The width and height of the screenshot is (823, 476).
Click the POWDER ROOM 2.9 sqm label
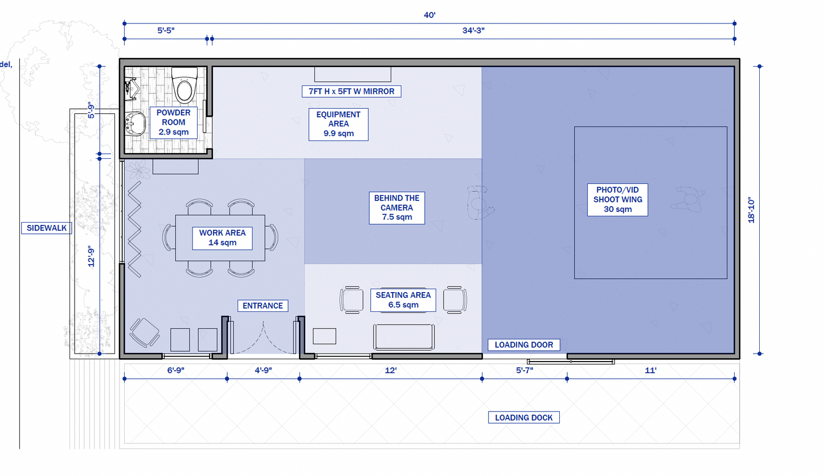(x=173, y=122)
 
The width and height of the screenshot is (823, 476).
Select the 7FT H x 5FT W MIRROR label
(x=351, y=92)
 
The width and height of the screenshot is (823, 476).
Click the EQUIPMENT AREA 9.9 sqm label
(x=338, y=124)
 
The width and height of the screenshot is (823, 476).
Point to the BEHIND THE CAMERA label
(x=397, y=207)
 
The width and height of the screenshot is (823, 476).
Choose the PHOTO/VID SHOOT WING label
(x=617, y=200)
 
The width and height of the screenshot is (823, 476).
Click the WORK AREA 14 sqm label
(x=222, y=238)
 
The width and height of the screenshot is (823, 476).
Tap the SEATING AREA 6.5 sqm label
(x=403, y=300)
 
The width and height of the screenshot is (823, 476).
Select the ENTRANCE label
(x=263, y=306)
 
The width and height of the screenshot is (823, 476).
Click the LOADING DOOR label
(x=524, y=345)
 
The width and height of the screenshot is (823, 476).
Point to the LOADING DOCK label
(x=524, y=417)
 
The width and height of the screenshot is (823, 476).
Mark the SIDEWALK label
(x=47, y=228)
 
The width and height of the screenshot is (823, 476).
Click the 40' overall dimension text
(x=429, y=15)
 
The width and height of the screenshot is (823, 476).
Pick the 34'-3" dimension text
(x=473, y=31)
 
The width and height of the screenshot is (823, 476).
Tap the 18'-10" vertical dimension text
(x=751, y=211)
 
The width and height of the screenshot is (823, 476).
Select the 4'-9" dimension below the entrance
(x=263, y=370)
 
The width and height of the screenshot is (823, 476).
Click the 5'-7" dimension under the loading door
(x=525, y=370)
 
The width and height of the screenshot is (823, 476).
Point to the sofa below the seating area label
(x=404, y=337)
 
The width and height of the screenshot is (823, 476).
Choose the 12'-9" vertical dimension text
(x=91, y=257)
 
